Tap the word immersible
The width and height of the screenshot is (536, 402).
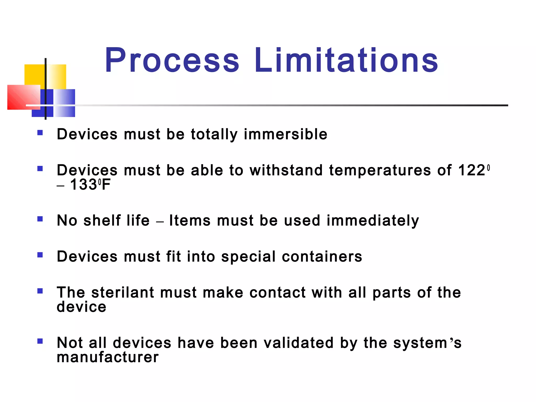click(x=286, y=135)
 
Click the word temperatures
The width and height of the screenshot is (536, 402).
click(x=380, y=171)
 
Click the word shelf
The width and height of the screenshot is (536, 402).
click(x=102, y=220)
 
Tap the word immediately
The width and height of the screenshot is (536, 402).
click(x=373, y=221)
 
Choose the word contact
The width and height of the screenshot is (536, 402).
click(x=277, y=293)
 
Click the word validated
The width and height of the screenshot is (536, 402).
click(x=298, y=343)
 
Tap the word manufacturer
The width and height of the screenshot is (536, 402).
click(x=108, y=357)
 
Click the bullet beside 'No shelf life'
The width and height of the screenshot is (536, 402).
click(x=40, y=219)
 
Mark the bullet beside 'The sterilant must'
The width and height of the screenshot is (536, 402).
click(x=40, y=291)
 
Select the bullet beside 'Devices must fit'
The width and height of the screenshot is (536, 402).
click(x=40, y=255)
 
